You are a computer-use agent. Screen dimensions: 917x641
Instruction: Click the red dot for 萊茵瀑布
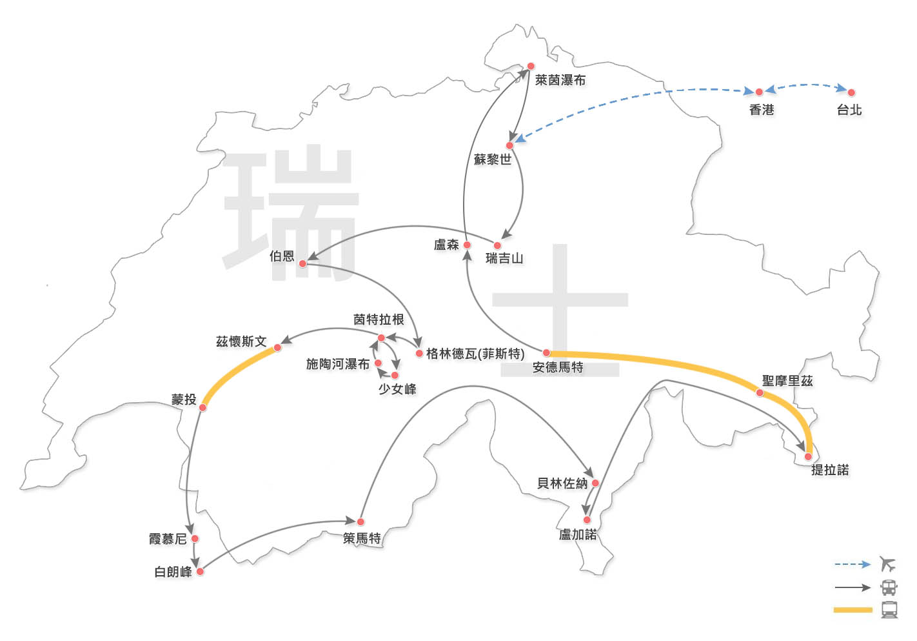[531, 66]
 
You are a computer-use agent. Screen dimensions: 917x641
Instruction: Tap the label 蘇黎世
[493, 159]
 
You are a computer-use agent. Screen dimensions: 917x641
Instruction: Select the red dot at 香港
[759, 92]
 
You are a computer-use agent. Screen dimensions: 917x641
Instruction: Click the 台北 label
[849, 110]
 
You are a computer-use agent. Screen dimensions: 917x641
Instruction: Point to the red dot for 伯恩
[302, 263]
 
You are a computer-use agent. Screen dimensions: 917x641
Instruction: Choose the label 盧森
[446, 245]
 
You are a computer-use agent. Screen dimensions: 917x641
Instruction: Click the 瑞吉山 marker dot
[497, 245]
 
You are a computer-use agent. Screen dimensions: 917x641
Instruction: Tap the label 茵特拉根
[379, 320]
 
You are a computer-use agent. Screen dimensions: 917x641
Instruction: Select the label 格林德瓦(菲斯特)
[475, 353]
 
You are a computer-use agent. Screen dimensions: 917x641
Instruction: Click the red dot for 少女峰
[395, 375]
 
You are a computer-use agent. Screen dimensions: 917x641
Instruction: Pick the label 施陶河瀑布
[338, 364]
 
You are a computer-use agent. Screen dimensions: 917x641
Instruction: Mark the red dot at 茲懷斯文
[277, 348]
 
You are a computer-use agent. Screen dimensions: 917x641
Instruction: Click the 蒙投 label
[184, 399]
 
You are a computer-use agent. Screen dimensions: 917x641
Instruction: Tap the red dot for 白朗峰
[200, 571]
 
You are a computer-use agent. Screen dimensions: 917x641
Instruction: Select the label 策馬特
[362, 538]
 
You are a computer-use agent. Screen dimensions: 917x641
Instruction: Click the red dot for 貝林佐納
[596, 483]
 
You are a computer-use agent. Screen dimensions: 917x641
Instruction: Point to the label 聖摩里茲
[787, 381]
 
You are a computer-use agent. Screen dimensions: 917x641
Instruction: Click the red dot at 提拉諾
[808, 456]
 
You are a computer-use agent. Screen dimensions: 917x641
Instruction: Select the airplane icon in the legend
[888, 564]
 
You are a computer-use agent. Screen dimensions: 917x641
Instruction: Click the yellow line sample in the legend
[853, 610]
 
